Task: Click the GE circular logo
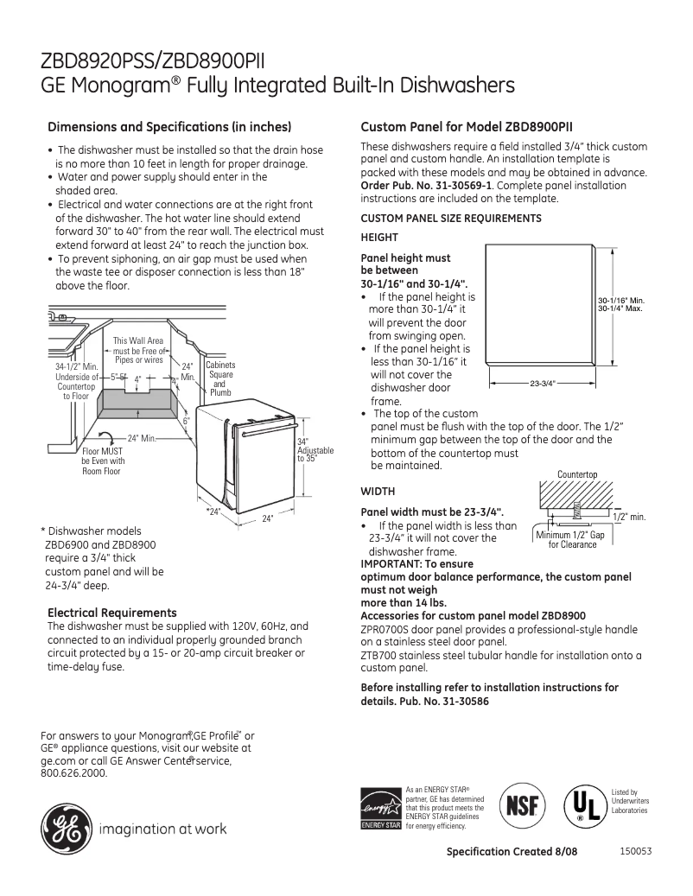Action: click(x=66, y=829)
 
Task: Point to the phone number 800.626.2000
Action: click(x=74, y=773)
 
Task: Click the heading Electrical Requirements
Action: click(x=112, y=613)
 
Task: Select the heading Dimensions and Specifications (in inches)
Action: click(x=169, y=127)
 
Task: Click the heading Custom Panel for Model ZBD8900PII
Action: click(x=473, y=127)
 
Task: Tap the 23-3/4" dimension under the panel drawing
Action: click(x=541, y=382)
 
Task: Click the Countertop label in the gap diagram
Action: click(x=577, y=474)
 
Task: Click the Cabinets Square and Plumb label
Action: click(x=219, y=378)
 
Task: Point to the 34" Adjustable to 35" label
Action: click(x=314, y=450)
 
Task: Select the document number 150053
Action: click(x=635, y=851)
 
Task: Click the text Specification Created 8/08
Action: click(x=512, y=852)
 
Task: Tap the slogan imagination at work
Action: click(x=163, y=829)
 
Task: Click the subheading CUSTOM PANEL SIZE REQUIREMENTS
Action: click(x=450, y=219)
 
